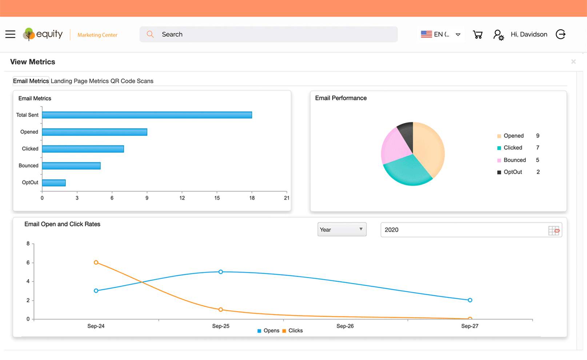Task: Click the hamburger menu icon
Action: [10, 35]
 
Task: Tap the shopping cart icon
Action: [478, 35]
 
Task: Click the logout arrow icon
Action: [560, 34]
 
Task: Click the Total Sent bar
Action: [147, 115]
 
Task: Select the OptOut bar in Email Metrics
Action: [54, 183]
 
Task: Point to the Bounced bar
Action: [71, 166]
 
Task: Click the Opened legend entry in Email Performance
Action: [513, 136]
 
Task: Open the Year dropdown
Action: [342, 229]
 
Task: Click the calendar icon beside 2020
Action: [554, 230]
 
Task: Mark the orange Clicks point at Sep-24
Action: [96, 263]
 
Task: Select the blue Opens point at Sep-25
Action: [221, 272]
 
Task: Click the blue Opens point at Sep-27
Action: [470, 300]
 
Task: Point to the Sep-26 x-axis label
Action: [345, 326]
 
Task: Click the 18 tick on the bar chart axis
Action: [252, 198]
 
